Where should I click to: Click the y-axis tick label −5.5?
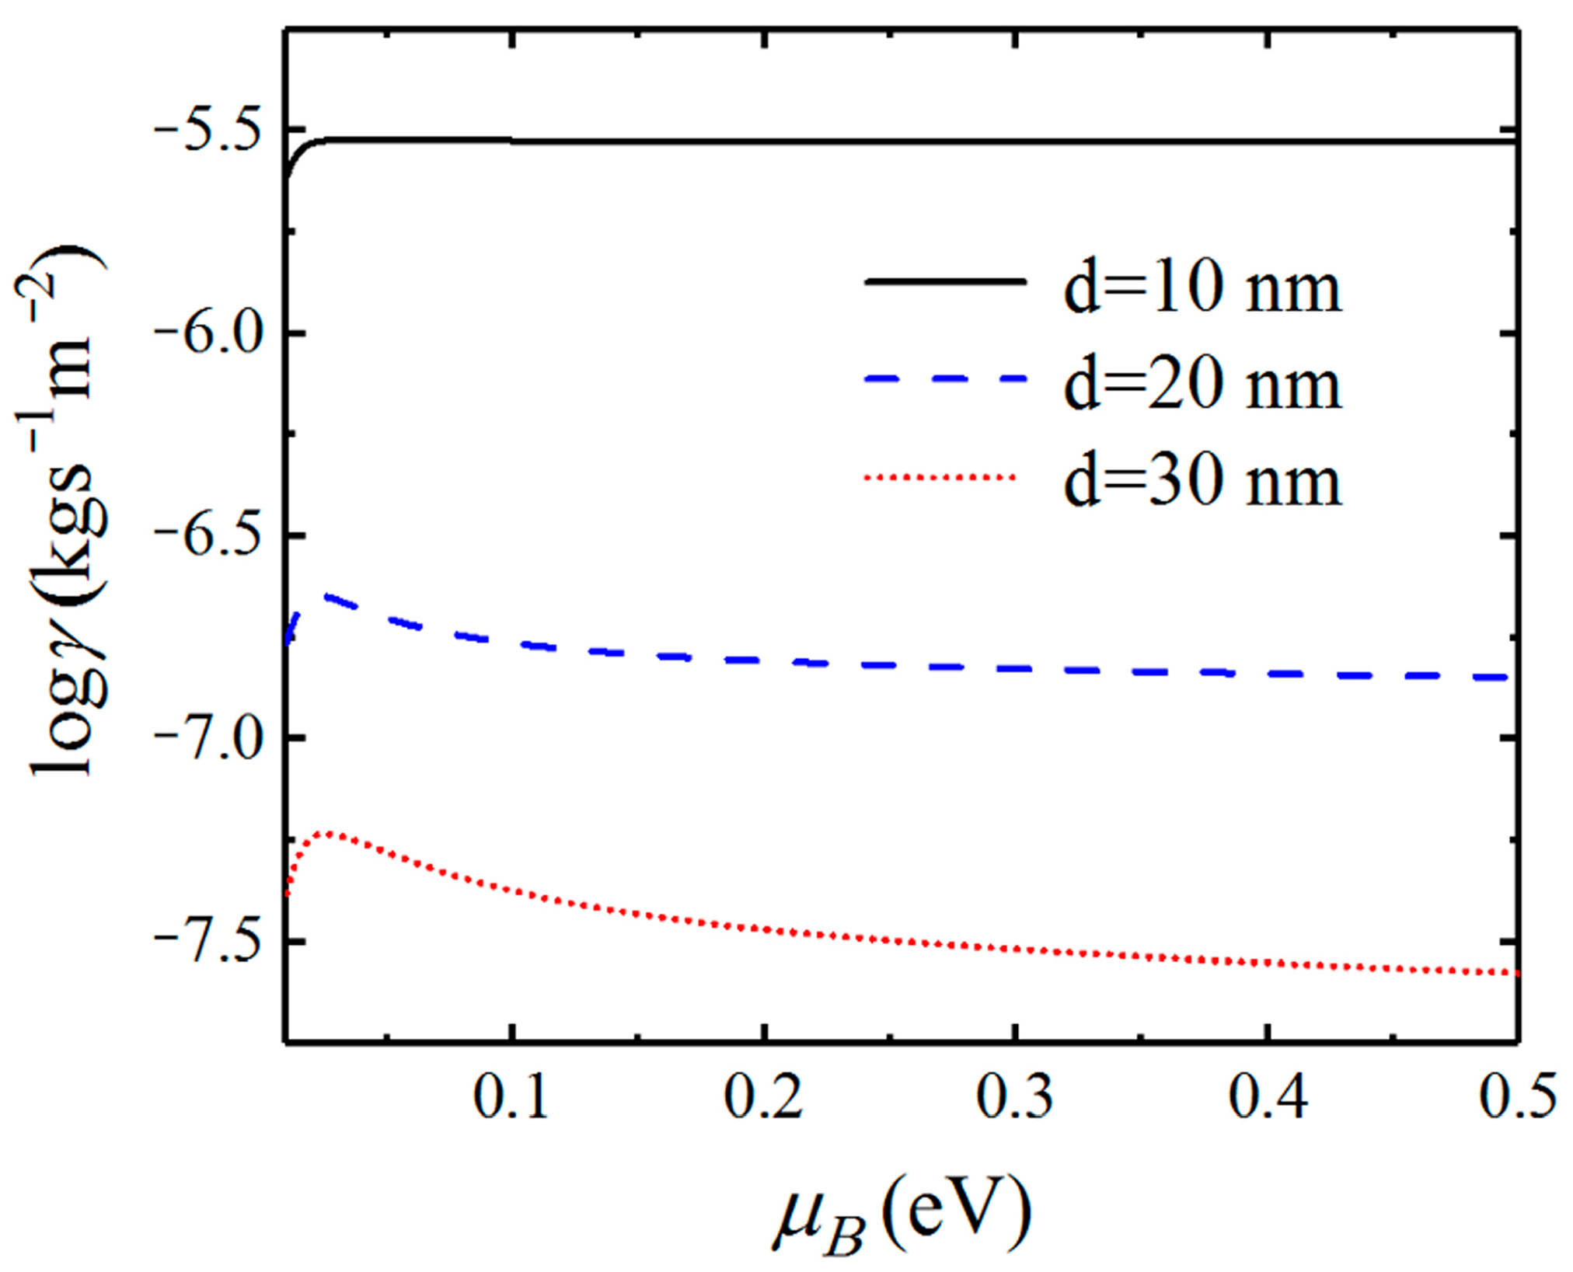coord(209,129)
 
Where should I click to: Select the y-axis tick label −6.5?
coord(209,535)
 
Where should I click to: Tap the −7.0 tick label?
coord(209,737)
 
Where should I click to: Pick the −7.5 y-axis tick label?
coord(209,940)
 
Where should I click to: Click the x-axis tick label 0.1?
coord(511,1097)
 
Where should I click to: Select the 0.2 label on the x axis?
coord(763,1097)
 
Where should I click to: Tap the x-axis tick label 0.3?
coord(1015,1097)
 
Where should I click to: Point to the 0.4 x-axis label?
coord(1267,1097)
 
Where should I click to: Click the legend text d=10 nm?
coord(1202,289)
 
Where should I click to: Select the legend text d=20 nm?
coord(1202,385)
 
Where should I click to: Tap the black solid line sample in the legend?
coord(944,283)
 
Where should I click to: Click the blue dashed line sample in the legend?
coord(944,379)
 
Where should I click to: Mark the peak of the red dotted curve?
coord(330,833)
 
